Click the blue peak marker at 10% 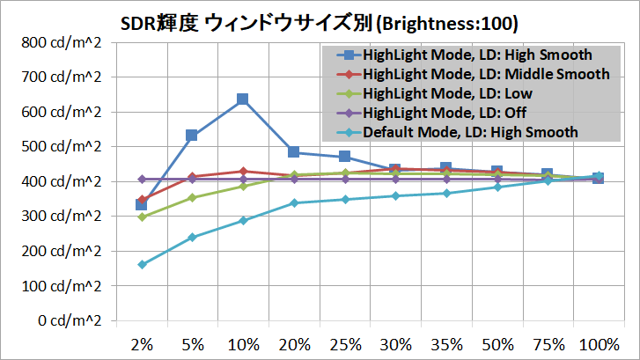(x=243, y=99)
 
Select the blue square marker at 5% (x=192, y=135)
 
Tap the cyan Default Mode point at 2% (x=142, y=264)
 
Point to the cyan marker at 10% (x=243, y=220)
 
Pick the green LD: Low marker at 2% (x=142, y=217)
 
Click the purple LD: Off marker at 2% (x=142, y=180)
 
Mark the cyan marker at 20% (x=294, y=202)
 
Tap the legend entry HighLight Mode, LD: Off (x=445, y=113)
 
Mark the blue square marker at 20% (x=294, y=152)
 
